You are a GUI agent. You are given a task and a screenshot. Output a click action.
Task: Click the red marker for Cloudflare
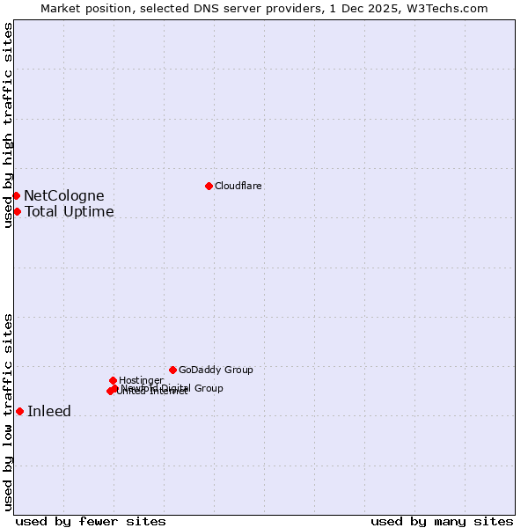coord(209,186)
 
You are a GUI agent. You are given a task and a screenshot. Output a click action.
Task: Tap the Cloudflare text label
coord(238,186)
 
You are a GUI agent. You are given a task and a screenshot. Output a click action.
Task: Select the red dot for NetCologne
coord(16,195)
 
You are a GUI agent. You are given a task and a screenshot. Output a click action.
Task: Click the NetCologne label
coord(63,196)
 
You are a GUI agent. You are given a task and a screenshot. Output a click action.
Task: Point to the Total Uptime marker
coord(17,211)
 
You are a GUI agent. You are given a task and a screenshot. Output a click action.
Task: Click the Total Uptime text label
coord(69,212)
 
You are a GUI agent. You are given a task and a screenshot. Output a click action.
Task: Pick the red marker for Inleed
coord(19,411)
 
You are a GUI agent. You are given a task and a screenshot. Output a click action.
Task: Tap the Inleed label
coord(49,412)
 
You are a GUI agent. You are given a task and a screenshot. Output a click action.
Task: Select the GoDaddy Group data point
coord(172,370)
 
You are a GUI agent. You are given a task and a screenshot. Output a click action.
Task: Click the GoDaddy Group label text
coord(216,370)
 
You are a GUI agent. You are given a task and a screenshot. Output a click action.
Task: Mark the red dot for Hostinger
coord(113,380)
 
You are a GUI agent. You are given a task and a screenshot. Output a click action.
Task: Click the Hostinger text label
coord(141,380)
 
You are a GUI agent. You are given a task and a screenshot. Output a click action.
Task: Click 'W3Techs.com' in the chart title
coord(452,8)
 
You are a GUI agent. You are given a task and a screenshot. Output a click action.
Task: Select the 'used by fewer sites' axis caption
coord(91,521)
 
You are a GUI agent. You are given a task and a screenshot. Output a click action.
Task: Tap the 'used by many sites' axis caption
coord(442,521)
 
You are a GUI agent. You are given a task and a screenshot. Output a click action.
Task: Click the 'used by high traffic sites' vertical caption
coord(8,125)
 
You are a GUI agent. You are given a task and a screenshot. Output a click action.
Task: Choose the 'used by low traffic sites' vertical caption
coord(8,412)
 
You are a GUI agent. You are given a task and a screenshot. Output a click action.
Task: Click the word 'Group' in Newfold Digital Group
coord(208,388)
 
